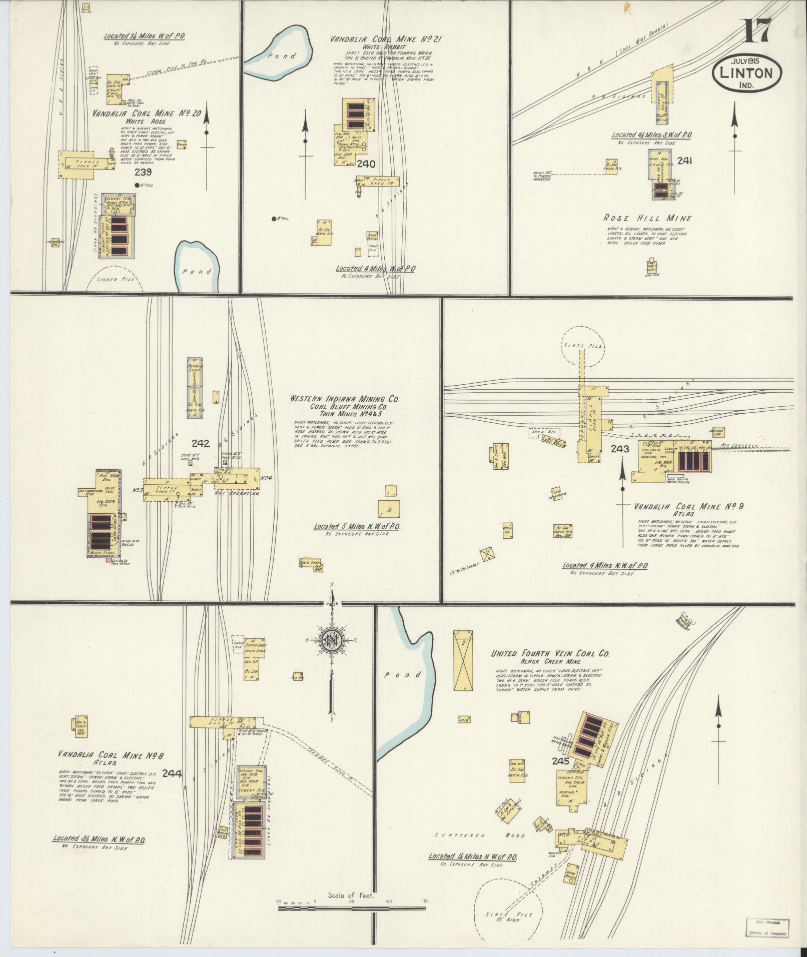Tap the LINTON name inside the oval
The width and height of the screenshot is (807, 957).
pos(745,73)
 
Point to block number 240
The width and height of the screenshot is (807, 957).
pos(366,164)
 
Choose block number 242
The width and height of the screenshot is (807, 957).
pos(201,443)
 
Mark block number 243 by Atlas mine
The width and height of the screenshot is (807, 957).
pos(619,449)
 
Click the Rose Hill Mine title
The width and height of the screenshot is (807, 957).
pos(647,218)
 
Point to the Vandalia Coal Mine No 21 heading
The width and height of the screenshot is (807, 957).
pos(386,39)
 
